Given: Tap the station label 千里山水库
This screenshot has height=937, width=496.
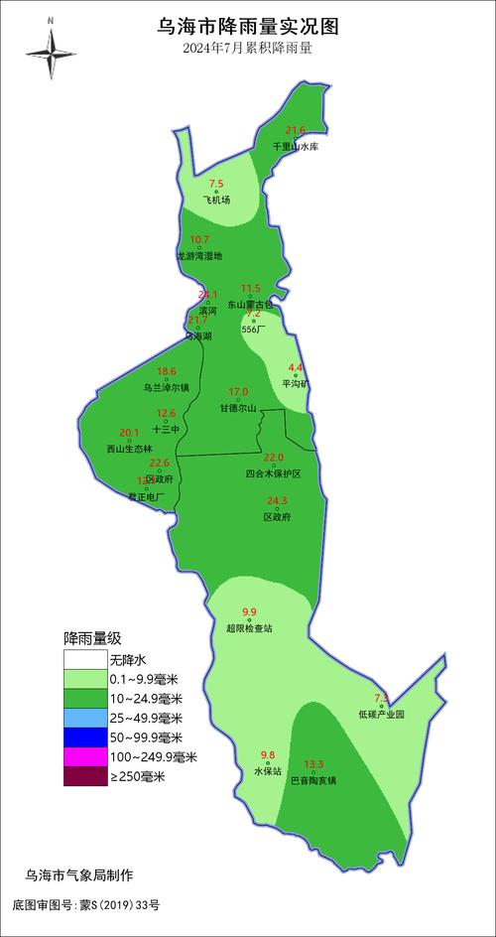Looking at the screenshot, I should pyautogui.click(x=296, y=147).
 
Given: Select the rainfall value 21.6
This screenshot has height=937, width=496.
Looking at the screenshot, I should pyautogui.click(x=296, y=130).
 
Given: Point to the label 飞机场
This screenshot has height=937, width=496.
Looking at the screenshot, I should pyautogui.click(x=216, y=200).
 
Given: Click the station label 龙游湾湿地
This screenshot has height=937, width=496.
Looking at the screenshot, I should pyautogui.click(x=199, y=256).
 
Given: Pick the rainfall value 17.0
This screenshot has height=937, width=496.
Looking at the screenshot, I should pyautogui.click(x=239, y=392).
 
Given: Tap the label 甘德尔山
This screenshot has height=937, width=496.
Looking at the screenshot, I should pyautogui.click(x=238, y=408).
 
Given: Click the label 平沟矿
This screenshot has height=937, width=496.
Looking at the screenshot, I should pyautogui.click(x=296, y=383).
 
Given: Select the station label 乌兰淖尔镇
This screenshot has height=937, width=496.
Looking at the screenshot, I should pyautogui.click(x=167, y=388).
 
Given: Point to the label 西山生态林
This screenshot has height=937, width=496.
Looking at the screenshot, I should pyautogui.click(x=130, y=449).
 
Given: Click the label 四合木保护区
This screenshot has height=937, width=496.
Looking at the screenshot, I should pyautogui.click(x=273, y=473).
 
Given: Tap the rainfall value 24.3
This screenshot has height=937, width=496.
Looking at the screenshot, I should pyautogui.click(x=277, y=500).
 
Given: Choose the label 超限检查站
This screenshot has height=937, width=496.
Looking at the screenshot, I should pyautogui.click(x=249, y=628).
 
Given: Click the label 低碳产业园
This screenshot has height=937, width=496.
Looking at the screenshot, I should pyautogui.click(x=382, y=714).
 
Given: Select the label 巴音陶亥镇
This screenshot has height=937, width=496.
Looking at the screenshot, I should pyautogui.click(x=313, y=780).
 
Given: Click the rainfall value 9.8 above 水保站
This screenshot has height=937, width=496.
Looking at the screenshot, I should pyautogui.click(x=268, y=754).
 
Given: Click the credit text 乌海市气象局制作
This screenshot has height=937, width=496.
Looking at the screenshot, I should pyautogui.click(x=79, y=874).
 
